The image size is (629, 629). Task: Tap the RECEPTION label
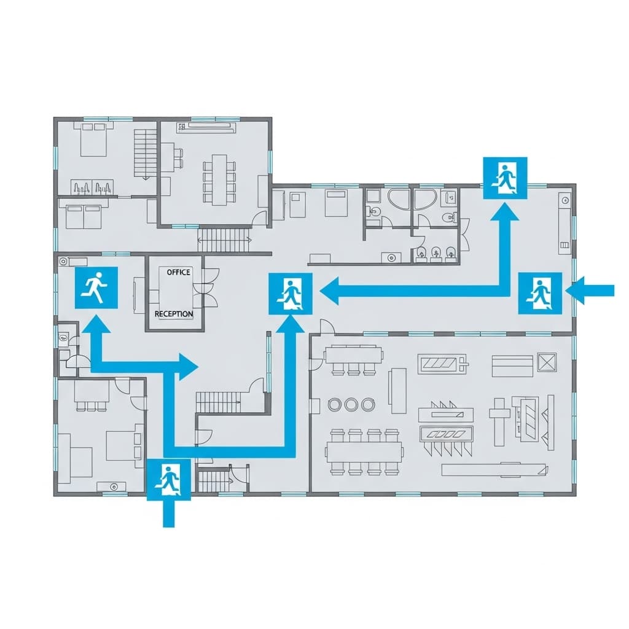[174, 314]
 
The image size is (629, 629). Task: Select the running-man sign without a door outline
[96, 287]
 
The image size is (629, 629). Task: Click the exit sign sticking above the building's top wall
[505, 178]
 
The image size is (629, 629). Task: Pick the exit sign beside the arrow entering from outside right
[539, 292]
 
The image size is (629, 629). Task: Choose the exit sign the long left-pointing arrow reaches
[291, 294]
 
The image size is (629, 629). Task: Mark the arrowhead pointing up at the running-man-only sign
[96, 322]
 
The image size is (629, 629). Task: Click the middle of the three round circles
[351, 404]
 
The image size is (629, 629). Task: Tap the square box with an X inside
[546, 362]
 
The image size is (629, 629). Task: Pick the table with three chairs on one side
[353, 356]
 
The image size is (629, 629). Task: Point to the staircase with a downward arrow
[146, 154]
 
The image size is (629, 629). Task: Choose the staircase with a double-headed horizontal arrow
[224, 240]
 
